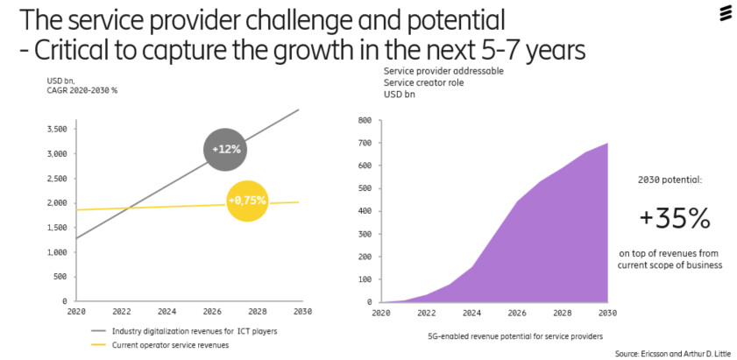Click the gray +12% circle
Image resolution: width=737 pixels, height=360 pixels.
coord(225,149)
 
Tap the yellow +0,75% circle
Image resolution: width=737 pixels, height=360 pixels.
coord(248,201)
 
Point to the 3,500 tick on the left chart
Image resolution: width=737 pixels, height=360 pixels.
coord(55,129)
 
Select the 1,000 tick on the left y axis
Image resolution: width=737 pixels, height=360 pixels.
coord(55,251)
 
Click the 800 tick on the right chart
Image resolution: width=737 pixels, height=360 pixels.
coord(365,120)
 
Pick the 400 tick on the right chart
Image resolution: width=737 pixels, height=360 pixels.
coord(365,211)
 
